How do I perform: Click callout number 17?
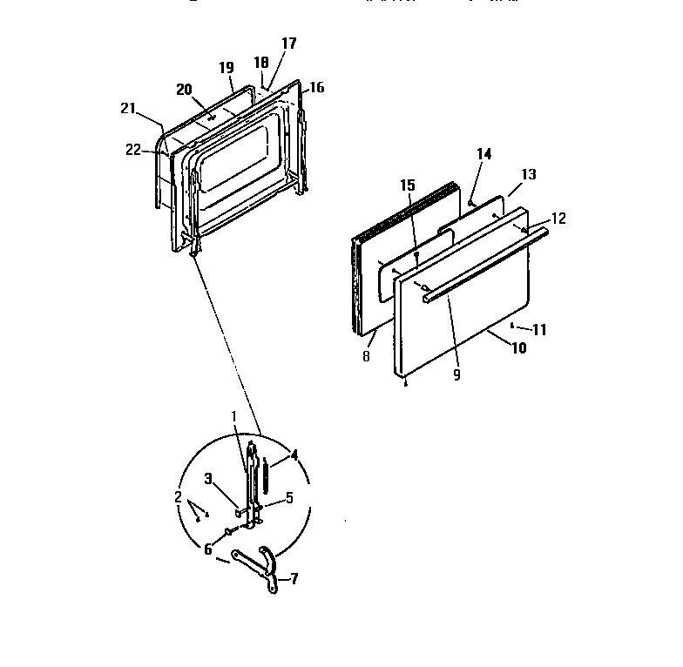(288, 43)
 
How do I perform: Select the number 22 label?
(132, 149)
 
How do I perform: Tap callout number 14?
(484, 154)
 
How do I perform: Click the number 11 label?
(540, 330)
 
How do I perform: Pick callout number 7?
(294, 579)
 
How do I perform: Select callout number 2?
(178, 497)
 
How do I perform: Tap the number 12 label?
(558, 219)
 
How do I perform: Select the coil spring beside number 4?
(267, 478)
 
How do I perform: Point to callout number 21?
(128, 108)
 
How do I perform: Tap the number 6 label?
(208, 549)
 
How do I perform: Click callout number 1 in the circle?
(233, 415)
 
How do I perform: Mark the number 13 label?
(527, 175)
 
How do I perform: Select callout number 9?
(457, 375)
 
